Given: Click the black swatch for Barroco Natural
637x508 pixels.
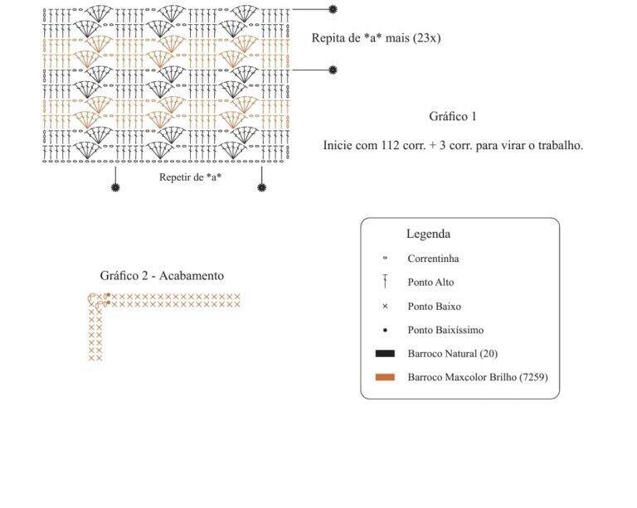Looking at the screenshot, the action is click(385, 353).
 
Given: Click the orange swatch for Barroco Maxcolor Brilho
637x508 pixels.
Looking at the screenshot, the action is click(385, 377).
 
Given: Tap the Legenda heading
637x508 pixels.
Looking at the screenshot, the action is click(428, 235).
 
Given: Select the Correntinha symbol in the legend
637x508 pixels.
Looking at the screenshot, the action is click(385, 258).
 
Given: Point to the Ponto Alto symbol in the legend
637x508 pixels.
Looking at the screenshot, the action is click(385, 282).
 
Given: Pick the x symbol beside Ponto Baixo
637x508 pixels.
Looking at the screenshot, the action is click(385, 307).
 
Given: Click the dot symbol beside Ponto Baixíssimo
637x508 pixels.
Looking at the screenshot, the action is click(385, 331).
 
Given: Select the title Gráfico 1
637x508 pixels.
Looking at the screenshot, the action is click(453, 117).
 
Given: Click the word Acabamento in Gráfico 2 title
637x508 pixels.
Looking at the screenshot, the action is click(192, 276).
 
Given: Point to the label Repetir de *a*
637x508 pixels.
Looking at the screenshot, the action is click(190, 177).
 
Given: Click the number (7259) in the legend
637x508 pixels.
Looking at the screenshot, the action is click(533, 377).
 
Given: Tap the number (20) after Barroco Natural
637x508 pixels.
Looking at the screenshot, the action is click(489, 354).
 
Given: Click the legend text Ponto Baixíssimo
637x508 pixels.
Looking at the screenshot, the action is click(445, 330).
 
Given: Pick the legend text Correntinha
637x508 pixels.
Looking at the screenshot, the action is click(433, 259).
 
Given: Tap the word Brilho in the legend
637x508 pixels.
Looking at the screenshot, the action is click(503, 377).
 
